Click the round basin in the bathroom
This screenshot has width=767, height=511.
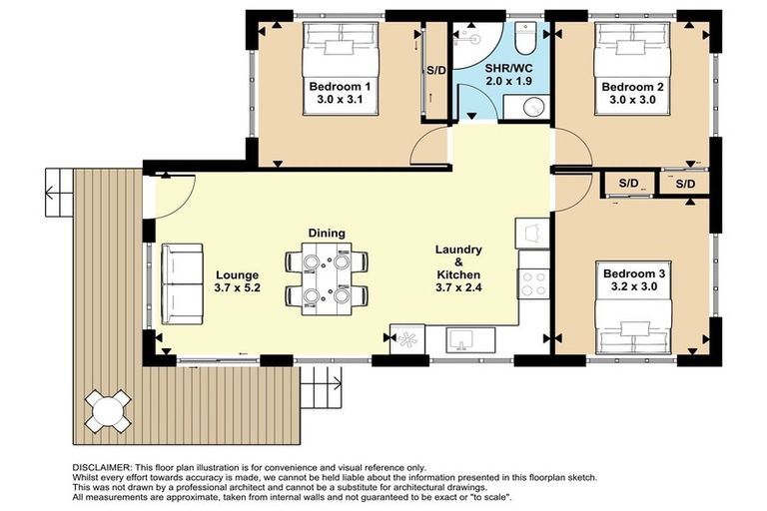[x=518, y=107]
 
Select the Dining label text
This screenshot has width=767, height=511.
[x=327, y=233]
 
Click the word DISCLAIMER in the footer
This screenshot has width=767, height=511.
[x=105, y=467]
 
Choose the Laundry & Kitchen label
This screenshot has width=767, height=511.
[x=459, y=261]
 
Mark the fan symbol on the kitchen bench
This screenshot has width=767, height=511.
[x=407, y=339]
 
